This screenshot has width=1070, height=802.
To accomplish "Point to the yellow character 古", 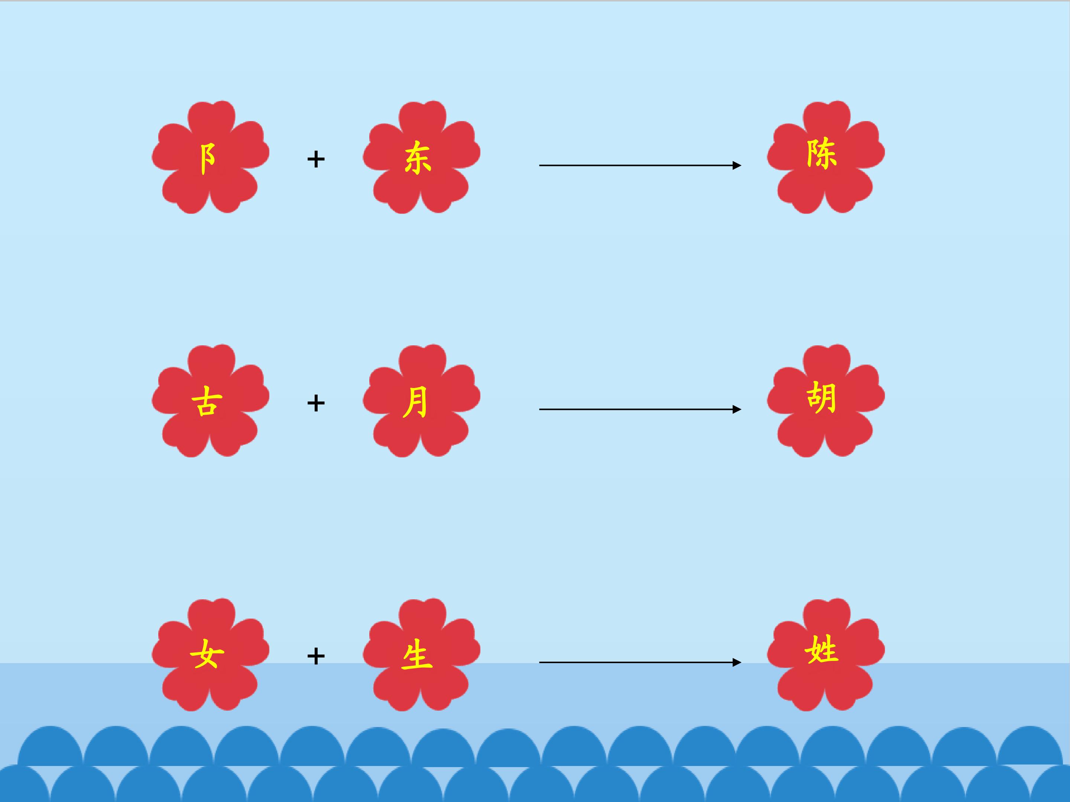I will point(207,402).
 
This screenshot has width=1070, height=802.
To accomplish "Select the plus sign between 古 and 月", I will point(316,403).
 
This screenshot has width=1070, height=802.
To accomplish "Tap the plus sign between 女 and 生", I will point(316,656).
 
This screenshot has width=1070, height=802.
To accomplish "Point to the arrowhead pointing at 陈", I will point(737,165).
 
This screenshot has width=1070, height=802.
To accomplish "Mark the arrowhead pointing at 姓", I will point(737,662).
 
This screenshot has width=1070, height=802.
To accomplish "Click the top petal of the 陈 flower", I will point(826,118).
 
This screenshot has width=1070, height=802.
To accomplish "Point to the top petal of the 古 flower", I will point(211,362).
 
